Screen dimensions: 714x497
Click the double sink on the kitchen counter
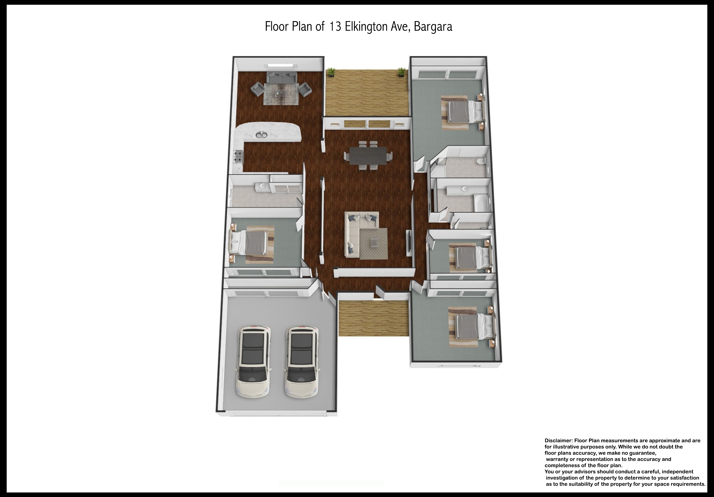pyautogui.click(x=262, y=135)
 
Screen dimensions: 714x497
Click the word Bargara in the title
pyautogui.click(x=433, y=27)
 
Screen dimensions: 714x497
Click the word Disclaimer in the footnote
pyautogui.click(x=559, y=441)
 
